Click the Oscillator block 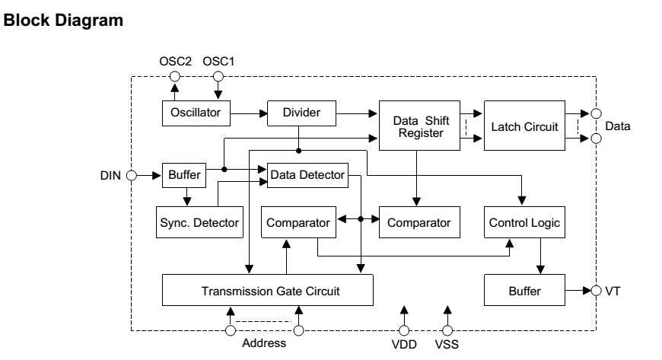[196, 113]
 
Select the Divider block [301, 113]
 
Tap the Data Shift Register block [419, 126]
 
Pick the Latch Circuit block [524, 126]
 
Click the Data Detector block [307, 175]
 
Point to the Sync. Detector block [199, 222]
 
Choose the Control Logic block [524, 222]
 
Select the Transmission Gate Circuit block [268, 290]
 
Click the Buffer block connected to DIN [184, 175]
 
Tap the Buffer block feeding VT [524, 290]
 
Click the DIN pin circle [132, 175]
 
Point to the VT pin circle [596, 291]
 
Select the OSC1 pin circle [218, 76]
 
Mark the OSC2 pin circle [175, 76]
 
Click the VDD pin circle [404, 330]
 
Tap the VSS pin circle [447, 330]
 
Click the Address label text [264, 343]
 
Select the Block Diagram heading [63, 21]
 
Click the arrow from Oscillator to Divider [249, 113]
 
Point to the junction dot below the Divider [298, 151]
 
